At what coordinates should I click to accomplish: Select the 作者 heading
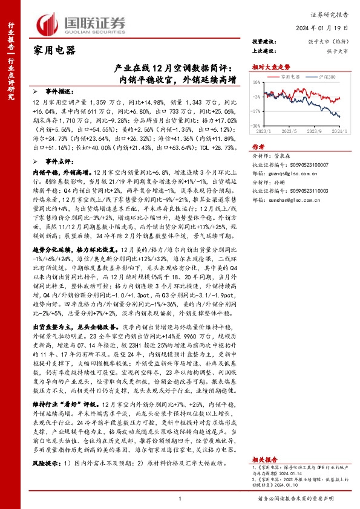click(258, 146)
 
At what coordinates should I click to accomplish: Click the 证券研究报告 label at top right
click(332, 13)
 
